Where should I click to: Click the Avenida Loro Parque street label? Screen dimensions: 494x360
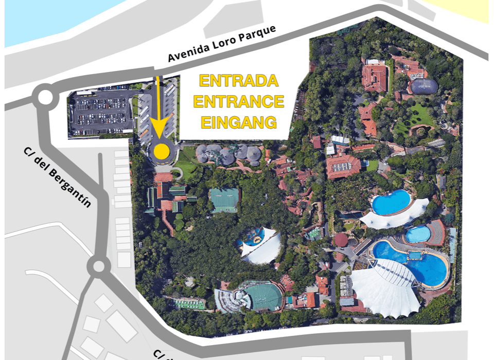[222, 44]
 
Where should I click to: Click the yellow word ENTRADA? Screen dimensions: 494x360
[238, 81]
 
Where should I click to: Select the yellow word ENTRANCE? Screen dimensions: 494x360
[238, 101]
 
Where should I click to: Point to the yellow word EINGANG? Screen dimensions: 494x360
[238, 122]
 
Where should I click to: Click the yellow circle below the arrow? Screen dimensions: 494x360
[162, 151]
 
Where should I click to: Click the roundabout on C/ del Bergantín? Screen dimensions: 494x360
[97, 266]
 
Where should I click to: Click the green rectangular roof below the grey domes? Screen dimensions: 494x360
[225, 200]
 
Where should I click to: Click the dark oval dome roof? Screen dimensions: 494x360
[423, 86]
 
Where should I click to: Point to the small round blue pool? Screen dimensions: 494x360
[418, 234]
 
